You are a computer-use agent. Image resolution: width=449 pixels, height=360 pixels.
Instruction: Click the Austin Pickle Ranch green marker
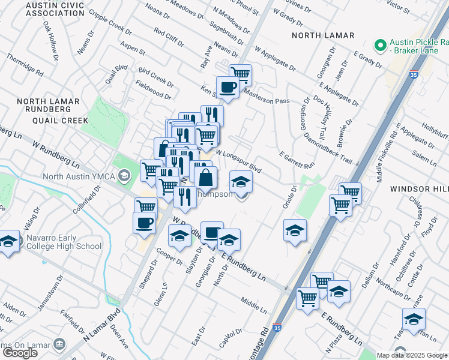click(x=379, y=46)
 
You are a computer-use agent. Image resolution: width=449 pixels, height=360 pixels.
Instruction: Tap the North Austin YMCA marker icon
click(x=124, y=176)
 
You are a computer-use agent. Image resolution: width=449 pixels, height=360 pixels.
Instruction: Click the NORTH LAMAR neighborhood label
click(x=323, y=35)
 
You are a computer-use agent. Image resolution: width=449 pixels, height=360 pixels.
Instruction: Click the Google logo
click(x=20, y=353)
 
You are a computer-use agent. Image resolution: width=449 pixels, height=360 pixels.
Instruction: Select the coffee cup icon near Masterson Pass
click(x=228, y=88)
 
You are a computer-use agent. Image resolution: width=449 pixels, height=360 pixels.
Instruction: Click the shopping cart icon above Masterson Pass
click(x=240, y=74)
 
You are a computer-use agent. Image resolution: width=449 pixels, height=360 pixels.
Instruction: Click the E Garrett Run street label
click(x=297, y=160)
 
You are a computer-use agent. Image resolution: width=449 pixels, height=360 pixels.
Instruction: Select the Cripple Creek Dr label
click(x=109, y=22)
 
